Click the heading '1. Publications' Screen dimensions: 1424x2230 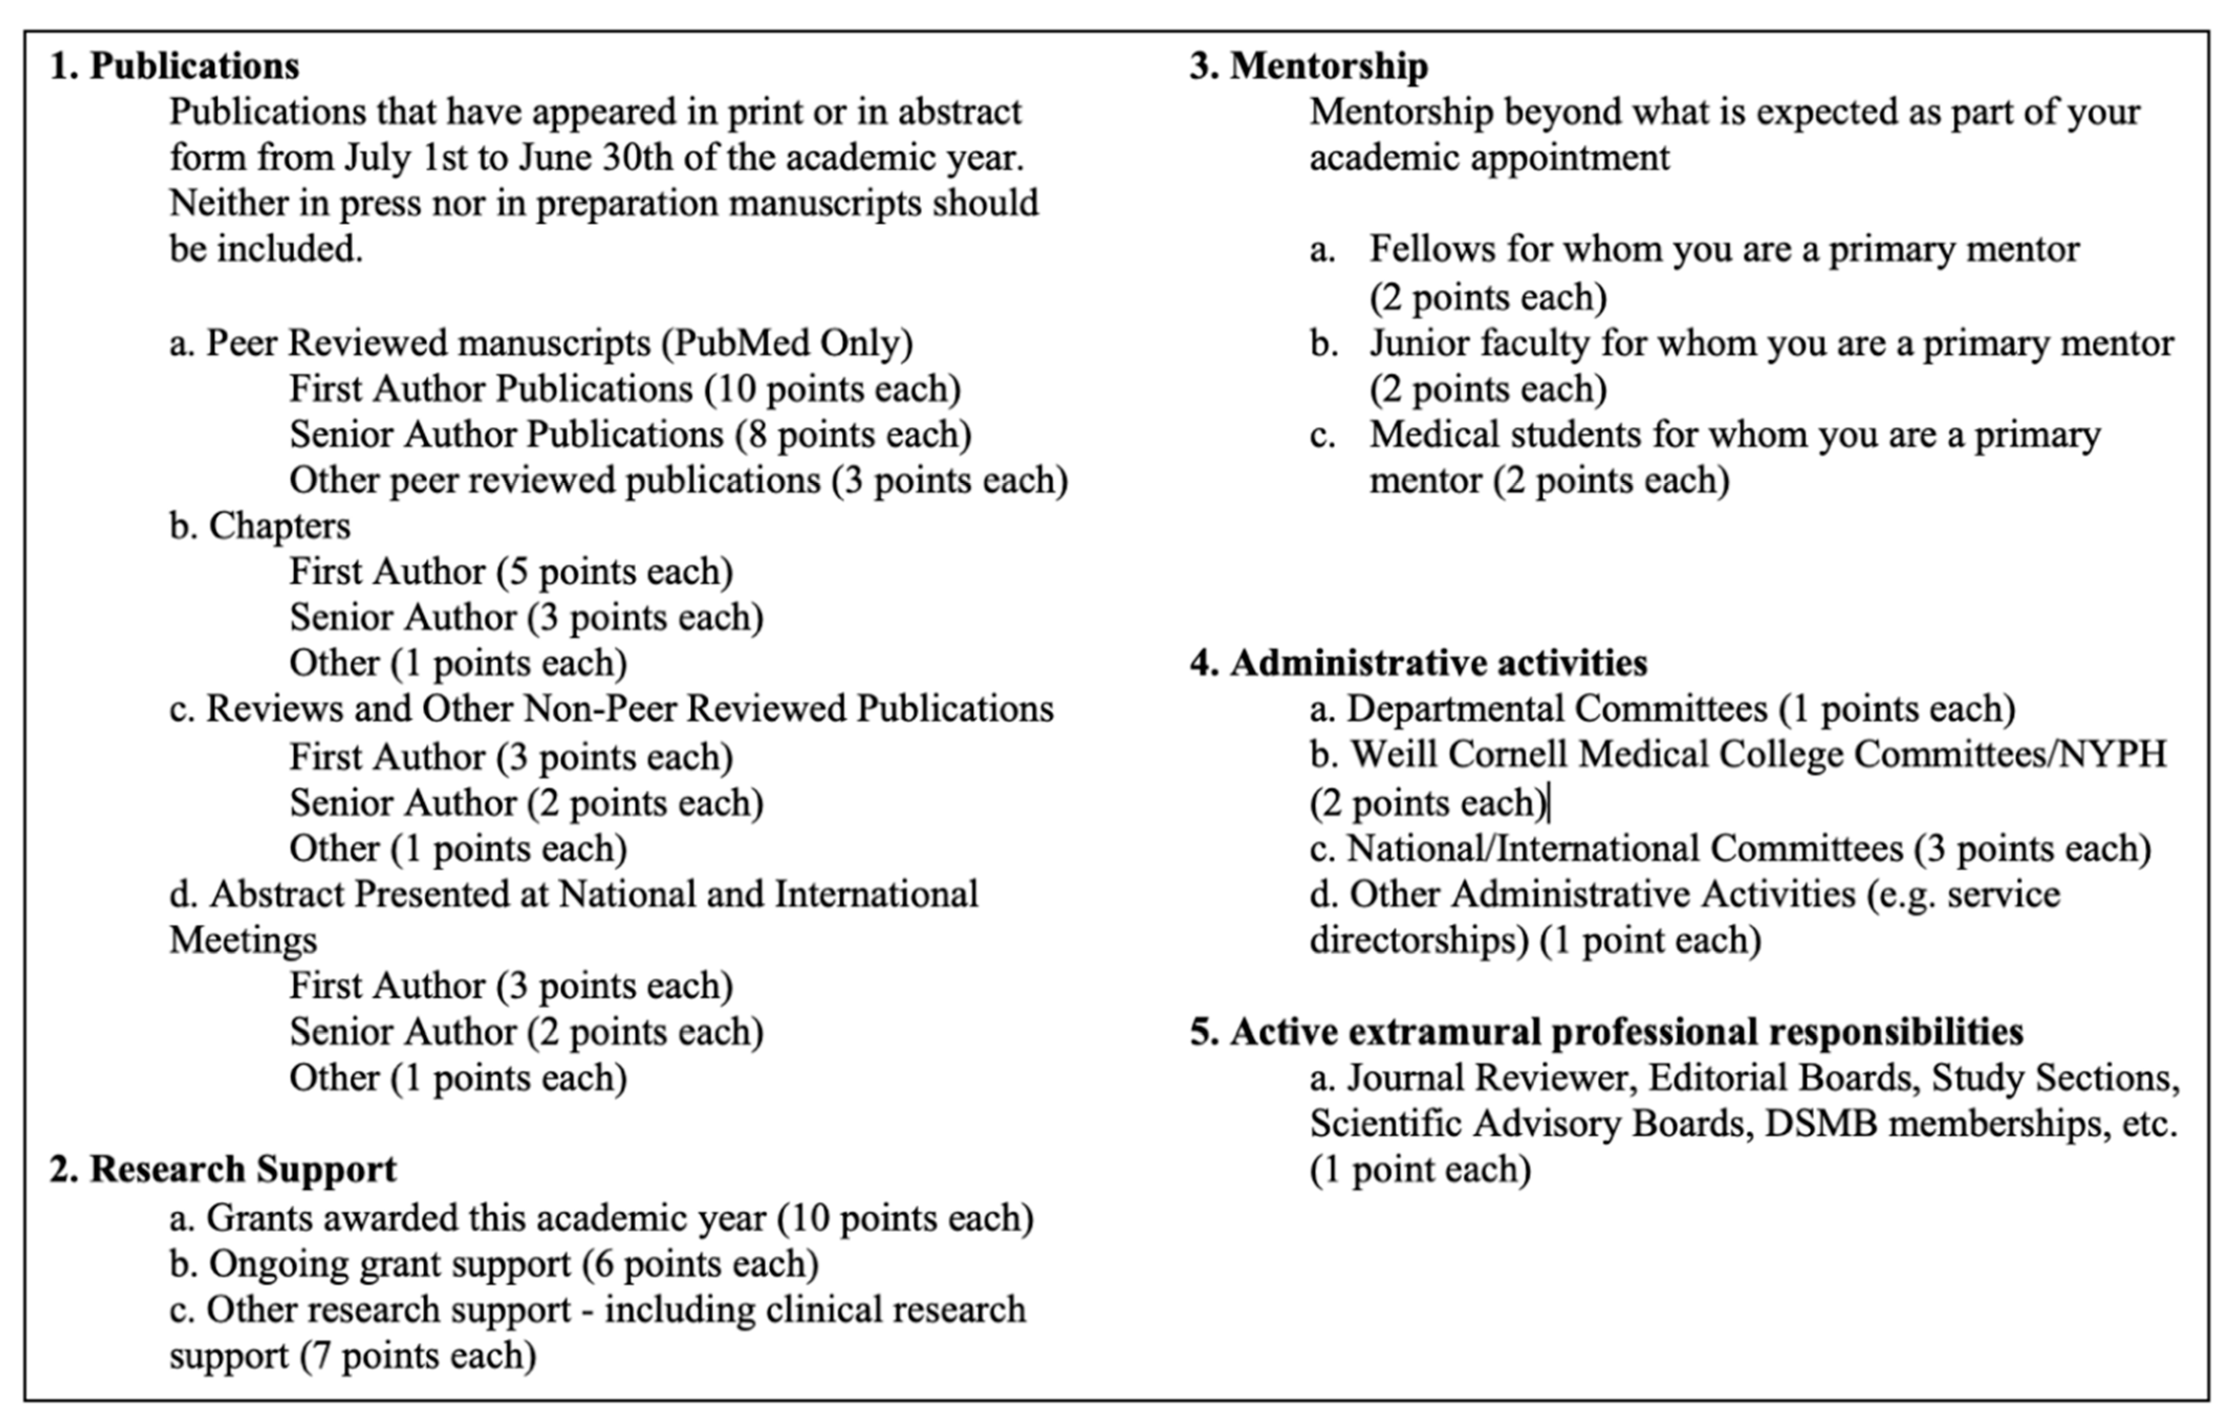[174, 66]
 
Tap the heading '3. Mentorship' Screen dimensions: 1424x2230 [1309, 66]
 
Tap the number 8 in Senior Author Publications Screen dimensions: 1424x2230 [757, 434]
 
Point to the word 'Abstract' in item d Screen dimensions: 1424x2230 [277, 895]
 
